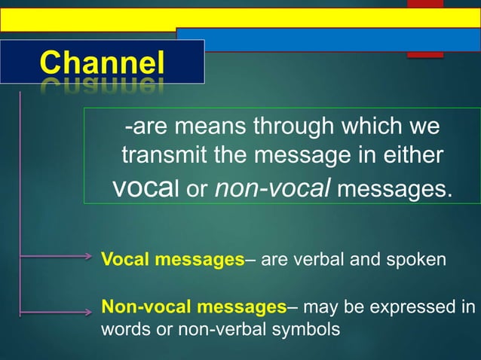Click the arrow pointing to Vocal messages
coord(57,257)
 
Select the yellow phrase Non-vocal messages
coord(193,307)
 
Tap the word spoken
coord(418,260)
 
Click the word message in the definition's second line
coord(305,156)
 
